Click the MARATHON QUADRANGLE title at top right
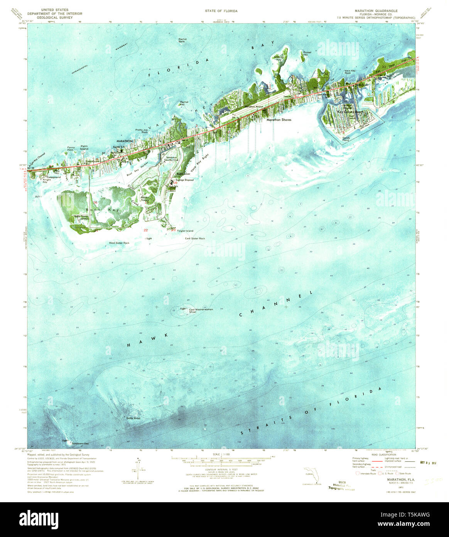(373, 11)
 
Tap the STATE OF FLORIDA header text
(221, 11)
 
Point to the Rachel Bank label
(182, 40)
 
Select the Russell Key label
(307, 53)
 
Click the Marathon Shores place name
(279, 120)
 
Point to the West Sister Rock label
(119, 243)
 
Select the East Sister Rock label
(195, 238)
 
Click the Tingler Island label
(185, 231)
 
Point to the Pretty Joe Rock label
(142, 131)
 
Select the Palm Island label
(84, 148)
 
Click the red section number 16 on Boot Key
(95, 202)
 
